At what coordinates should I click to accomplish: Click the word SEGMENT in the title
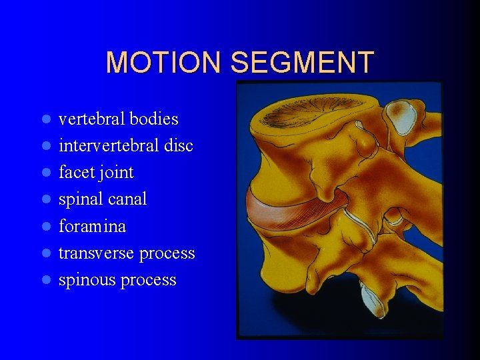(302, 63)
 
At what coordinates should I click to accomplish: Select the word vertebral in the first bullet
(91, 119)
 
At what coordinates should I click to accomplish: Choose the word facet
(75, 173)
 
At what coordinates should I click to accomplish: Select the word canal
(126, 199)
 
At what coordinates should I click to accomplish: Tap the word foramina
(92, 227)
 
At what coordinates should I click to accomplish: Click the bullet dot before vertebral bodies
(46, 120)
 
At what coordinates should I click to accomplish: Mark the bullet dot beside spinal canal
(46, 200)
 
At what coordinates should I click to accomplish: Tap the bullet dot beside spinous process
(46, 281)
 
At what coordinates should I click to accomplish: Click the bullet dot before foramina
(46, 227)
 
